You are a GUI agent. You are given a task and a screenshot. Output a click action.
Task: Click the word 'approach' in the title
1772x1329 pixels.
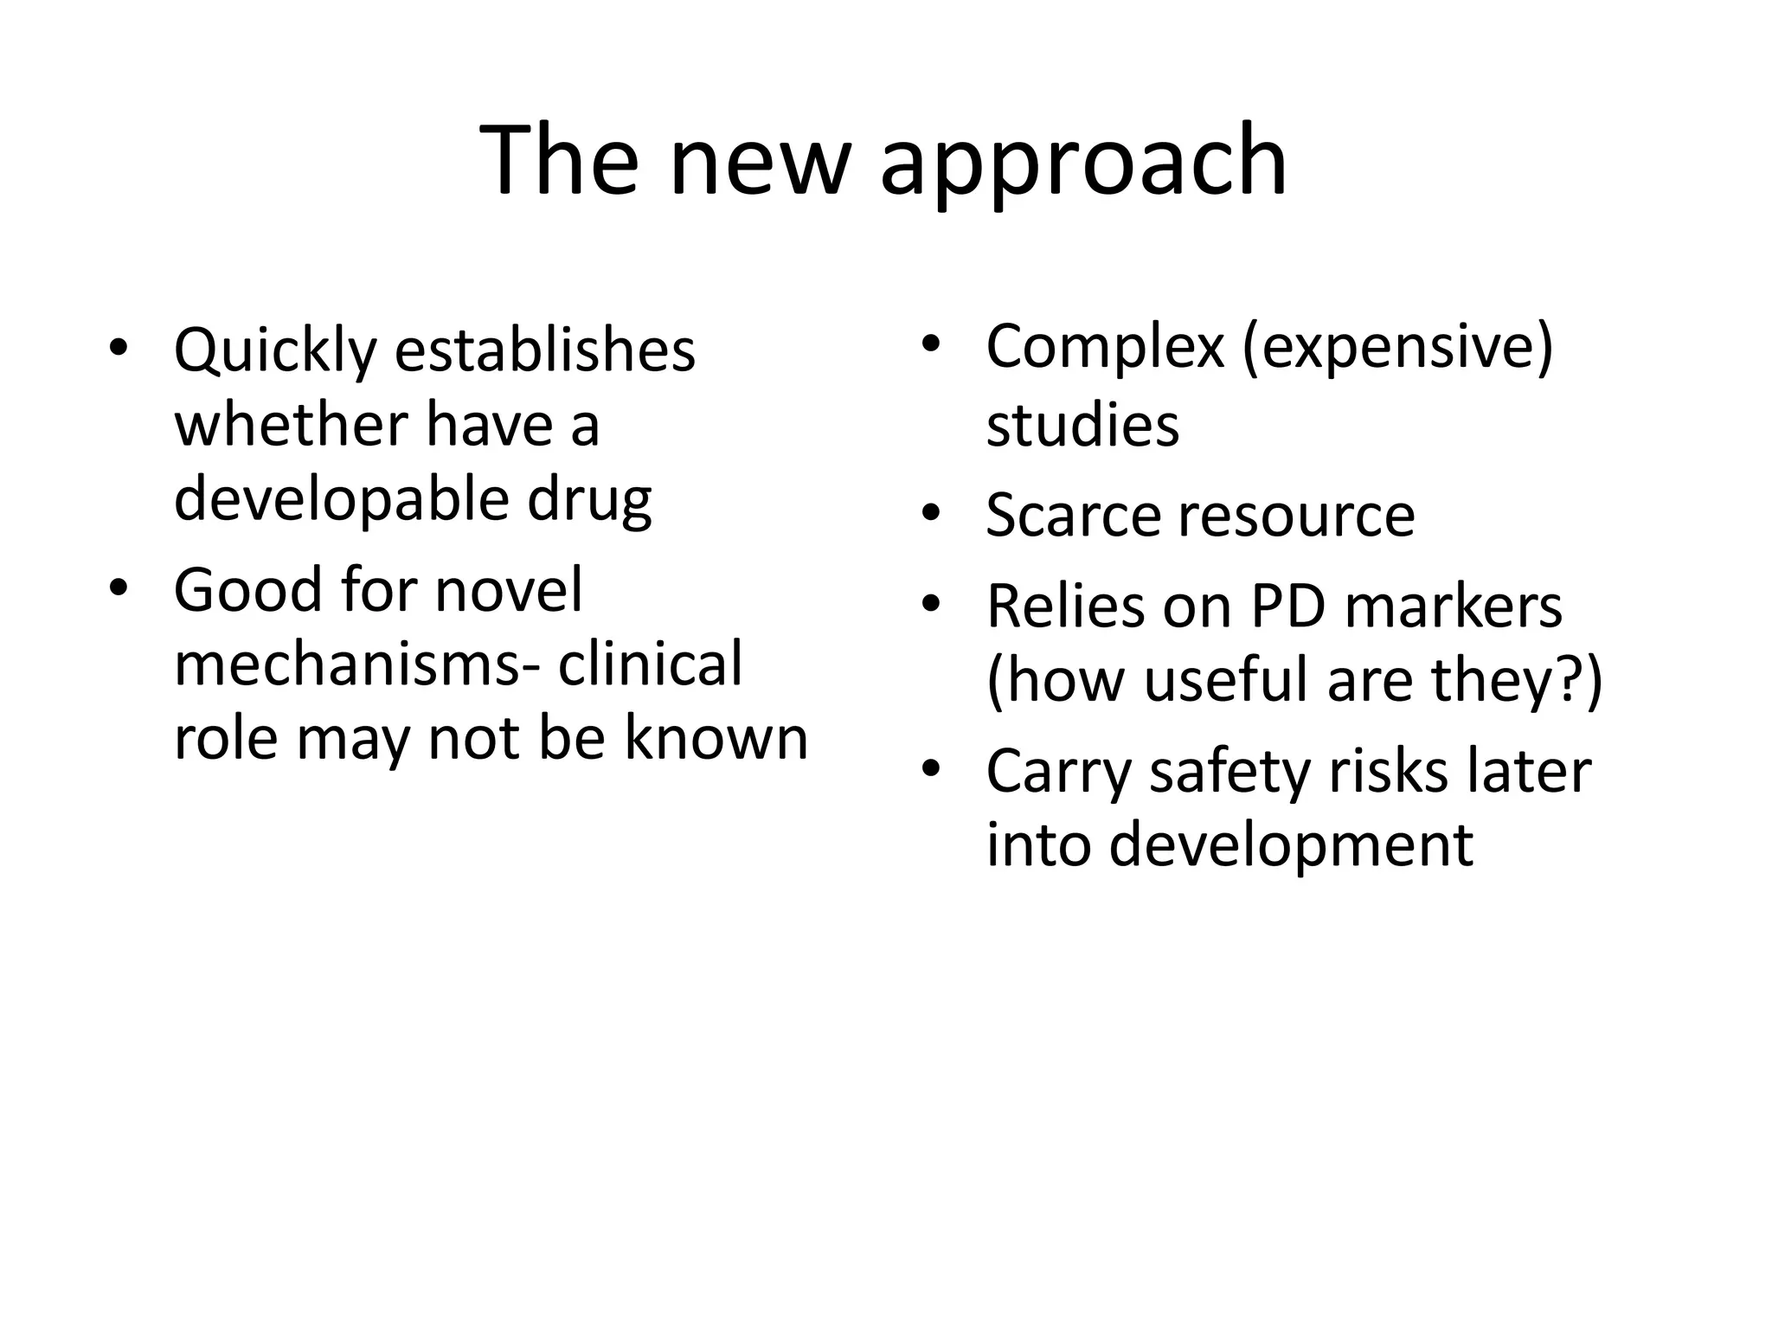tap(1083, 164)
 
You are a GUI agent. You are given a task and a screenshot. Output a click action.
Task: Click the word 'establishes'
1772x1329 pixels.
tap(545, 350)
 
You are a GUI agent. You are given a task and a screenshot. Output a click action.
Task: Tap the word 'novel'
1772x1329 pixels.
tap(509, 590)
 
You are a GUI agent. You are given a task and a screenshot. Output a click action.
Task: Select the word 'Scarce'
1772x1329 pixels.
tap(1073, 515)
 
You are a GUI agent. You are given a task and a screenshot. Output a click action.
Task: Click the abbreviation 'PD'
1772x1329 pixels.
tap(1288, 606)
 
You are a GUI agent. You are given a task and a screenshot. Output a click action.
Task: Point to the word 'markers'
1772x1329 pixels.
tap(1454, 606)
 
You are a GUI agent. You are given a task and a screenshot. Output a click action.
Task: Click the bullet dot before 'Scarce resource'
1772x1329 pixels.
tap(931, 515)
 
